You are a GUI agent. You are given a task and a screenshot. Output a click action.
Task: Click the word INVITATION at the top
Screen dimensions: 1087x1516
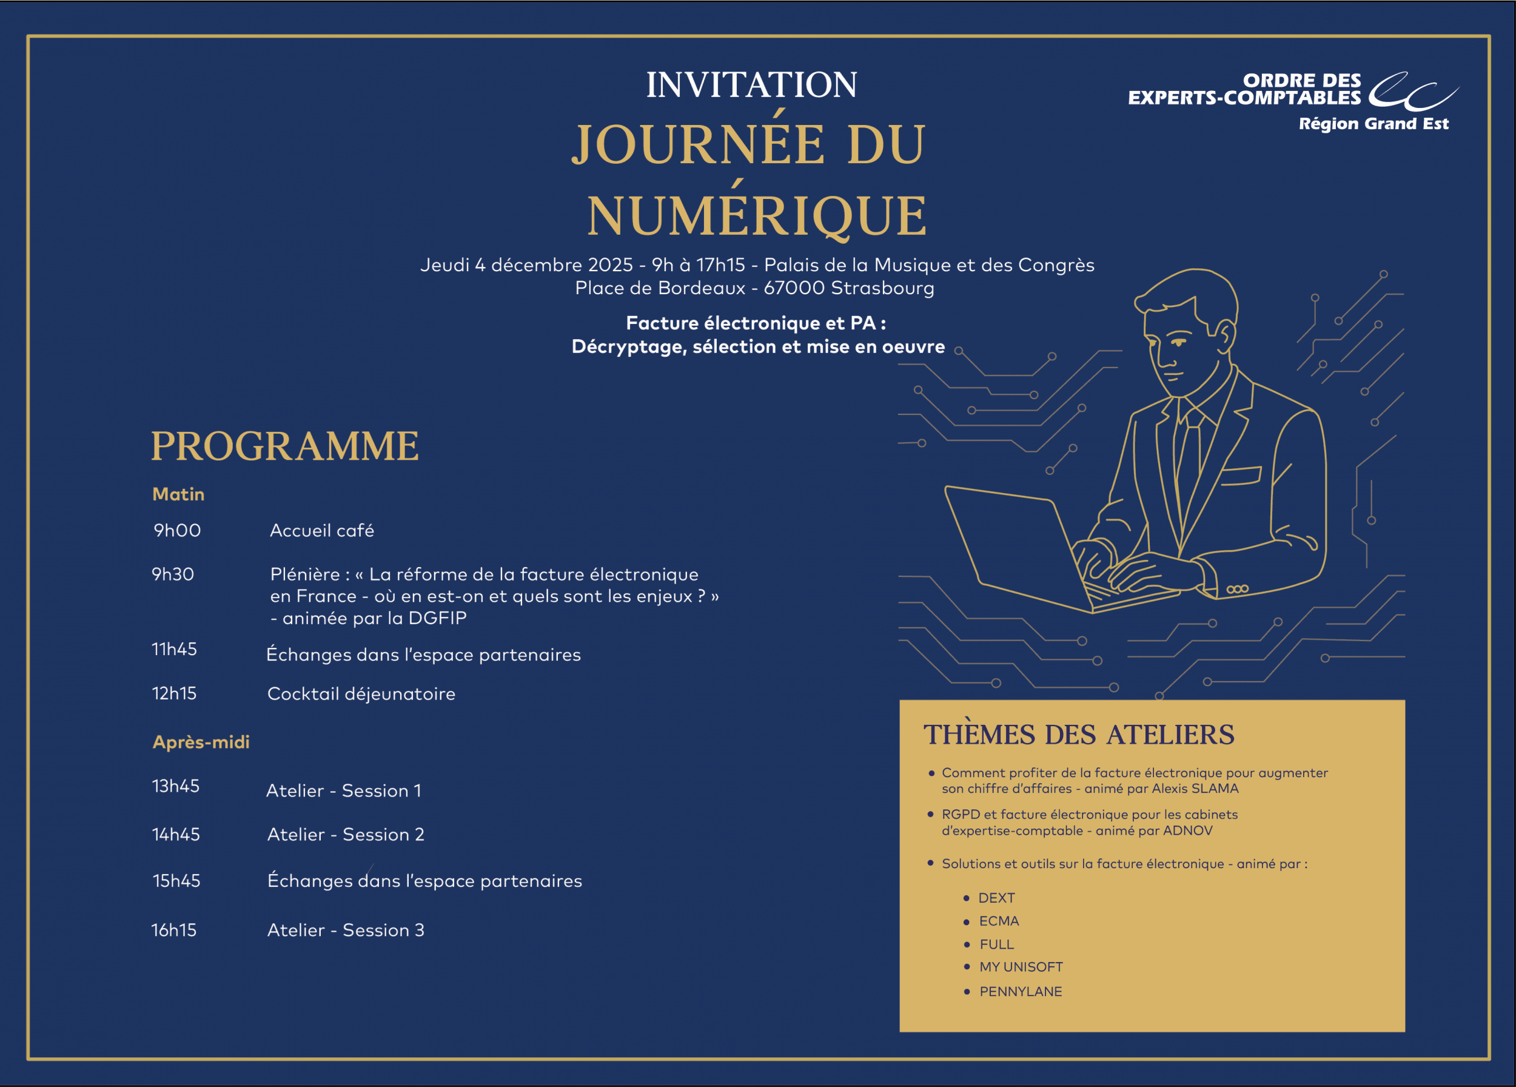click(x=751, y=85)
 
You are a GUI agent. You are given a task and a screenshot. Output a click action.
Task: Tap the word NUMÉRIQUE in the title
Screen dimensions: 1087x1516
click(x=757, y=215)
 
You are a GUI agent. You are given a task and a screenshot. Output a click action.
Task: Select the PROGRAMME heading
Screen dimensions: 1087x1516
click(x=285, y=446)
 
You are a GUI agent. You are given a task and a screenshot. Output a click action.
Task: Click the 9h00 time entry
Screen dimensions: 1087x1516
click(x=177, y=530)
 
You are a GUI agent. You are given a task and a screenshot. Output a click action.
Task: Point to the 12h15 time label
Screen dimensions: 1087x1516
click(x=174, y=693)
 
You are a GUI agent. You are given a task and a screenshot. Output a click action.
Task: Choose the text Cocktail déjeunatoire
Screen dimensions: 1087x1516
click(x=361, y=694)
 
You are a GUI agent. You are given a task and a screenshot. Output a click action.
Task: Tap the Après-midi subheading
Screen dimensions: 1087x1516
click(x=201, y=742)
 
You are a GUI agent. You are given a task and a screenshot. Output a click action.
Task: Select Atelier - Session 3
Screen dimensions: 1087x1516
click(x=346, y=930)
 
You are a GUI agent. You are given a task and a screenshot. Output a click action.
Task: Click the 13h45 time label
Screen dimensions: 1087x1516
click(x=175, y=786)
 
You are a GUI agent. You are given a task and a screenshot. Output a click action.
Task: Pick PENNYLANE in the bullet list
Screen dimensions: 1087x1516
click(x=1020, y=991)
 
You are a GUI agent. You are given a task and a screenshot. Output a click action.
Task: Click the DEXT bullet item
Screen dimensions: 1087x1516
click(x=996, y=898)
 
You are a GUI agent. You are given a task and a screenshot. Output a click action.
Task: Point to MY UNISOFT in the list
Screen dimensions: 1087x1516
click(x=1021, y=967)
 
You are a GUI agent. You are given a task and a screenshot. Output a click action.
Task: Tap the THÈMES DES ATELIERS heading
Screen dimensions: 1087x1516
click(x=1078, y=735)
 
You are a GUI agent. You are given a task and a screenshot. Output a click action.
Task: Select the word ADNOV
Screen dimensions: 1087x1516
click(x=1187, y=831)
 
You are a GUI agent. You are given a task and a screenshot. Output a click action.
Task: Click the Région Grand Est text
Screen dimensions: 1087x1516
click(x=1373, y=124)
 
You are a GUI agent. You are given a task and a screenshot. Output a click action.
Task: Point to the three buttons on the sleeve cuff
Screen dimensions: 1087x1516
click(x=1237, y=589)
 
